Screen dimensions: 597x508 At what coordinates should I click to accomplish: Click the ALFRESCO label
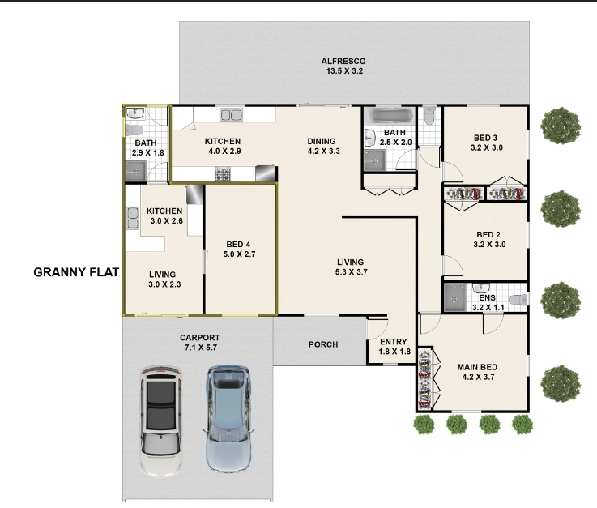(x=343, y=62)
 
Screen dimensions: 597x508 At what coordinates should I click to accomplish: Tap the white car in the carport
(x=160, y=418)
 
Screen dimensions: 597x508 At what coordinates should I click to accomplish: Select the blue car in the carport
(x=228, y=418)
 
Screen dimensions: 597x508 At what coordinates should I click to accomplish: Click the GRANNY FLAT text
(x=76, y=272)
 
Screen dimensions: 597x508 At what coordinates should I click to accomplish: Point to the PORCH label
(x=323, y=344)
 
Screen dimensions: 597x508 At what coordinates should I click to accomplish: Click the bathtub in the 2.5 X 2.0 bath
(x=389, y=115)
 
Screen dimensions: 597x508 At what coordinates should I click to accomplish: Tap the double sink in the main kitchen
(x=232, y=114)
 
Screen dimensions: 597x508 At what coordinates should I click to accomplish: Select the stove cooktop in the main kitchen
(x=223, y=174)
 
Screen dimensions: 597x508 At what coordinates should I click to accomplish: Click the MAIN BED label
(x=477, y=368)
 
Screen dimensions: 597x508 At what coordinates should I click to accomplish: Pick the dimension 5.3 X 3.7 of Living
(x=351, y=272)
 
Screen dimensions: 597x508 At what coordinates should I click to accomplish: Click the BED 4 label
(x=238, y=245)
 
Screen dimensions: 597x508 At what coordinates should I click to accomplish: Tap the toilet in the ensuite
(x=518, y=300)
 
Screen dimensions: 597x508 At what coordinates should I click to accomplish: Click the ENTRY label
(x=394, y=342)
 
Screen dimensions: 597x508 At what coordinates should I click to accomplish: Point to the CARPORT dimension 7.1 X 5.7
(x=200, y=348)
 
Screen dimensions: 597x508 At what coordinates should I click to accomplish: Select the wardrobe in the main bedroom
(x=425, y=379)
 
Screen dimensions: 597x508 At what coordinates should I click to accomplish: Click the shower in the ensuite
(x=455, y=297)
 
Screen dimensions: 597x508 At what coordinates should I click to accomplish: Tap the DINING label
(x=322, y=141)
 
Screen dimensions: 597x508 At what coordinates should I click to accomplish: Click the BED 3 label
(x=485, y=138)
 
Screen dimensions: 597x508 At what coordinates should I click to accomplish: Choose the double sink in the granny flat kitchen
(x=133, y=219)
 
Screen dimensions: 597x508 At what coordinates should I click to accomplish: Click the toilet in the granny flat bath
(x=134, y=130)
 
